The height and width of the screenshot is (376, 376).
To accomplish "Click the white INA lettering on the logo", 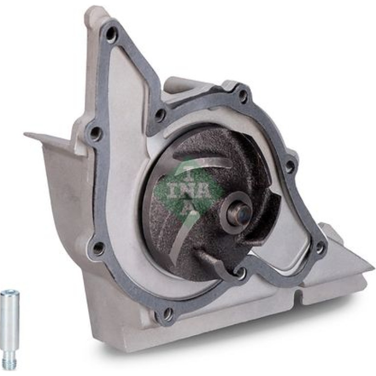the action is point(190,190).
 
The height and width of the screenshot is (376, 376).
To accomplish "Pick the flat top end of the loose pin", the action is point(10,293).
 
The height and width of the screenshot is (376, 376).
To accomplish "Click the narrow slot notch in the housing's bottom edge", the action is point(298,295).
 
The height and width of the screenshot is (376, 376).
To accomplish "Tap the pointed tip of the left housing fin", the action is point(25,133).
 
